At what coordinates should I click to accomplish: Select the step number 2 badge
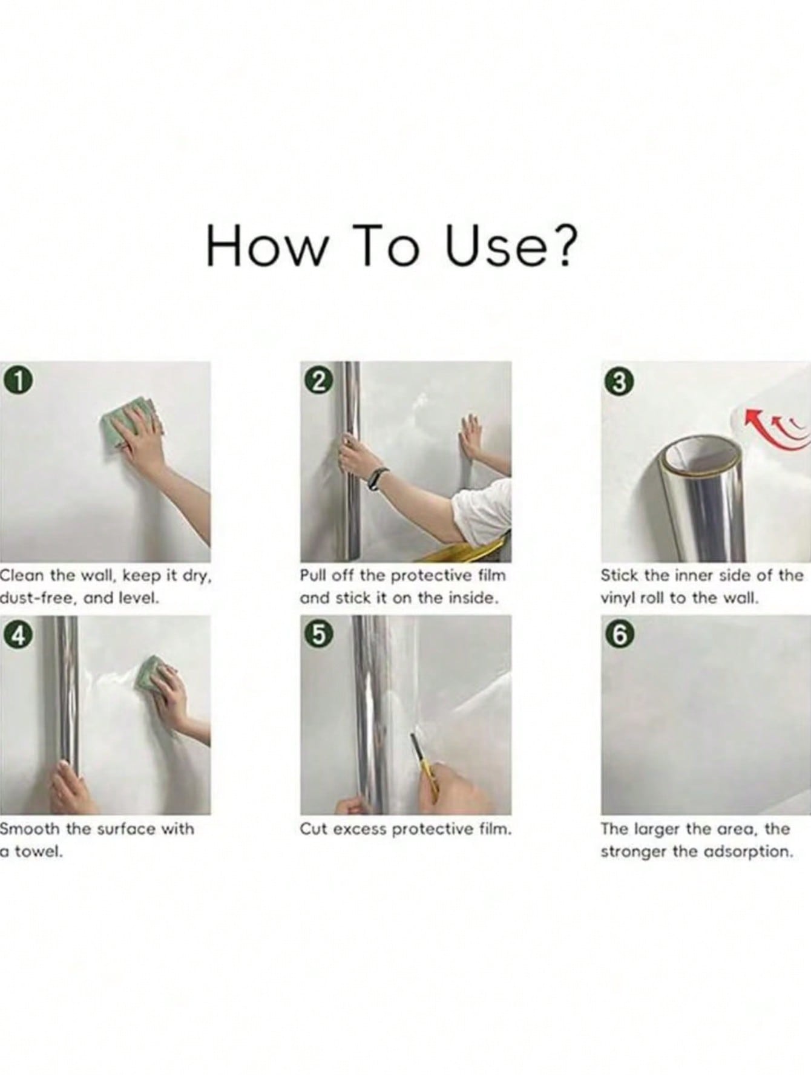pos(321,381)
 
